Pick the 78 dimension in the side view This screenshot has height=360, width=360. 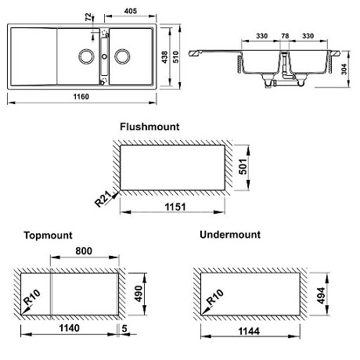point(285,35)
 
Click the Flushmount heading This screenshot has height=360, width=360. point(149,126)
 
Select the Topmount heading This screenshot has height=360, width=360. point(49,234)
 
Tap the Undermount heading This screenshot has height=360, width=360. point(230,234)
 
